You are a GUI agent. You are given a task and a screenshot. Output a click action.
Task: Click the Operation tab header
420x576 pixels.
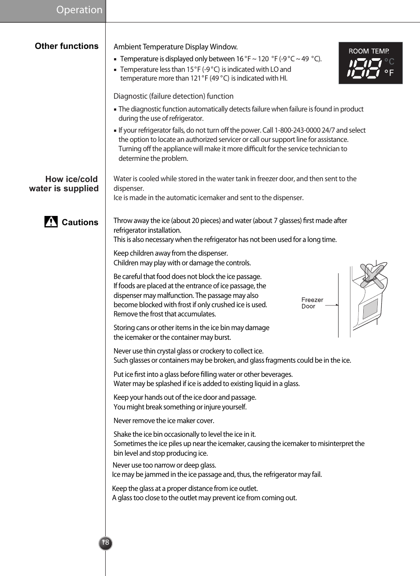click(x=79, y=10)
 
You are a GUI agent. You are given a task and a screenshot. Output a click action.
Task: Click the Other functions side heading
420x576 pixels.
click(x=66, y=46)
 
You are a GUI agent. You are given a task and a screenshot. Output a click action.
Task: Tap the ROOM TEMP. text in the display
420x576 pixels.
click(x=368, y=51)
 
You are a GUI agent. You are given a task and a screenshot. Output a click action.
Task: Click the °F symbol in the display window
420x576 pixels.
click(x=389, y=73)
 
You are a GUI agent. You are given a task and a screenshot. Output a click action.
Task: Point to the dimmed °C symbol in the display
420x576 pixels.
click(x=389, y=62)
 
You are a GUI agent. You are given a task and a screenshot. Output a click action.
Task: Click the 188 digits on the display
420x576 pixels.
click(x=364, y=68)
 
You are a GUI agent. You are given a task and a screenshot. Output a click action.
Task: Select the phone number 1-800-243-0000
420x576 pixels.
click(x=297, y=130)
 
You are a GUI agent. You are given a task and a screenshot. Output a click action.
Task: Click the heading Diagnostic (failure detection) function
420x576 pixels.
click(x=173, y=97)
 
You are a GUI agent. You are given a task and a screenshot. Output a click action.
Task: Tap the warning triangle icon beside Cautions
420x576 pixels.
click(x=51, y=222)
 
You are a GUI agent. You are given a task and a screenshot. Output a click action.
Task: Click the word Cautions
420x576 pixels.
click(x=80, y=223)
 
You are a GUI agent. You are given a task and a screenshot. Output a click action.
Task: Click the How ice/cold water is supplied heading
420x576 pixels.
click(x=64, y=184)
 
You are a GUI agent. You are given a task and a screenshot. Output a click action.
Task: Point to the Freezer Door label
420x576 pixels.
click(x=312, y=303)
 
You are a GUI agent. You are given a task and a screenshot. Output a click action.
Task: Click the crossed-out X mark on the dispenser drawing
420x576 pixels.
click(x=372, y=275)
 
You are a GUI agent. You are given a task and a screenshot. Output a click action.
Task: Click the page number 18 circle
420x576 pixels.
click(x=105, y=543)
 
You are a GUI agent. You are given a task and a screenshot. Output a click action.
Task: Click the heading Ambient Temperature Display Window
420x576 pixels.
click(x=175, y=47)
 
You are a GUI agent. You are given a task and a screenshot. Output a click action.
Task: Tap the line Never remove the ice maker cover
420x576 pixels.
click(x=164, y=421)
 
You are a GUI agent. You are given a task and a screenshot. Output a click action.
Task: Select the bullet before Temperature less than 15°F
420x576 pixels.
click(x=115, y=70)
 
